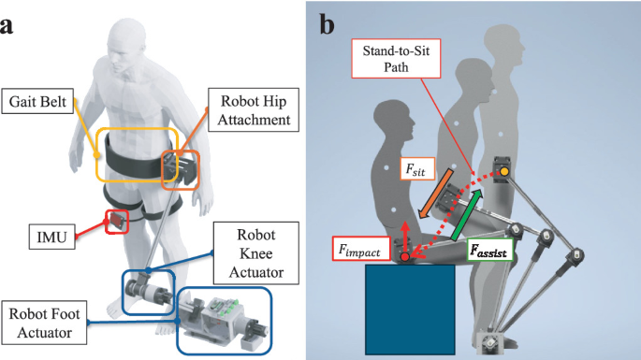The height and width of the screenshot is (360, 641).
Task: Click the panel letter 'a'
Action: tap(8, 23)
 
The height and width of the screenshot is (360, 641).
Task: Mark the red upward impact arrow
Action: tap(404, 237)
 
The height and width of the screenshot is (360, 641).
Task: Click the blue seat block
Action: tap(409, 309)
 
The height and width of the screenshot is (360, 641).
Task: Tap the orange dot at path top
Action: tap(503, 171)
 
